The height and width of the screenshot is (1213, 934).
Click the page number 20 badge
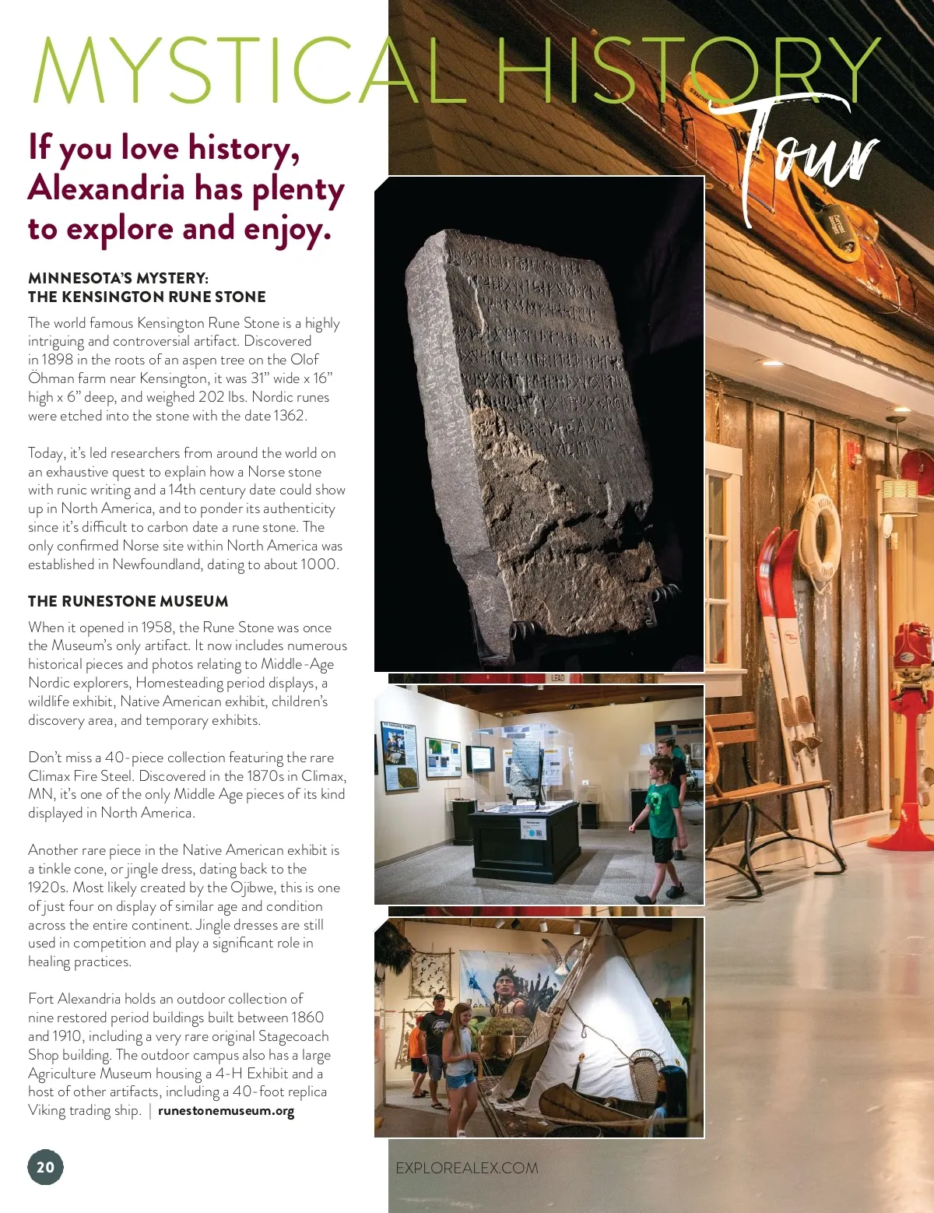[46, 1166]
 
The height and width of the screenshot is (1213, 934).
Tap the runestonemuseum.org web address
[226, 1111]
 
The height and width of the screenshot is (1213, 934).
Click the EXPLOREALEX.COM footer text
[466, 1168]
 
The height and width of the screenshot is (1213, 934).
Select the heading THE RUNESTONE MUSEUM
[128, 601]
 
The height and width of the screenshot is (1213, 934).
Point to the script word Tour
[802, 156]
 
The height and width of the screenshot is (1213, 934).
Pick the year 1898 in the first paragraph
[58, 360]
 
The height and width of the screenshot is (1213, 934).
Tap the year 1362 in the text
[289, 416]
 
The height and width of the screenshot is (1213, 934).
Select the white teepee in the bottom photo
[615, 1028]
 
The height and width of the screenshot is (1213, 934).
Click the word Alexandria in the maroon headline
[107, 188]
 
